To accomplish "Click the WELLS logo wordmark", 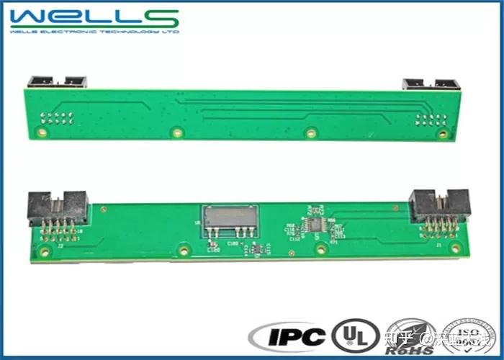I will pos(94,17).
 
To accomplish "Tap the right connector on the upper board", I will pos(431,84).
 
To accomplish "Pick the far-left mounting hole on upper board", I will pos(42,132).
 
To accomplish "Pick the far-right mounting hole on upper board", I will pos(444,133).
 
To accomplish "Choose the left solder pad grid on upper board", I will pos(58,118).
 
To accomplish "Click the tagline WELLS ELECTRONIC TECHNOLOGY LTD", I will pos(94,32).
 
